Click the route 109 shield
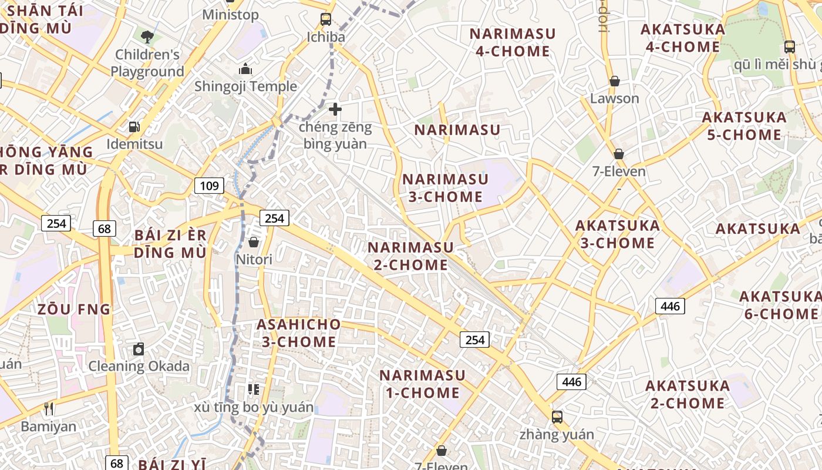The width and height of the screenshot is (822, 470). [209, 186]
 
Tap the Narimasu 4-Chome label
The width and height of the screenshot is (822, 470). [513, 42]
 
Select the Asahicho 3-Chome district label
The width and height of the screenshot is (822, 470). [299, 333]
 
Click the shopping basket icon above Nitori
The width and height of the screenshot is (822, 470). [254, 242]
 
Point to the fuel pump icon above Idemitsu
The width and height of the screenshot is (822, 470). [134, 126]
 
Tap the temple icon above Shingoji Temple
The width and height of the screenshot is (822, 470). [245, 69]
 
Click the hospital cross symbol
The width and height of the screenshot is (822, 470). [335, 109]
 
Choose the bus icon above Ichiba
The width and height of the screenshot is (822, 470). [326, 19]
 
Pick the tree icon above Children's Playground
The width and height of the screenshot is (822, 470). [147, 37]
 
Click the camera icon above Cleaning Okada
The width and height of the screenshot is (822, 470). [139, 349]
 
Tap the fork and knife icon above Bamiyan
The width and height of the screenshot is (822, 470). [49, 408]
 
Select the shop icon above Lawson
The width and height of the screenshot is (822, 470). [615, 80]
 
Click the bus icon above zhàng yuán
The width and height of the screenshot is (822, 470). [557, 417]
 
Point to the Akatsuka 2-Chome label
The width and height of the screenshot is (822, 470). [688, 394]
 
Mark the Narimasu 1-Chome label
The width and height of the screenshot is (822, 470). [422, 384]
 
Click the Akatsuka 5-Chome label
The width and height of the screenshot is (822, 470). [744, 126]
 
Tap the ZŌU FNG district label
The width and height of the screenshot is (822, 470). [74, 309]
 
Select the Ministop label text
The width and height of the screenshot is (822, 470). [230, 15]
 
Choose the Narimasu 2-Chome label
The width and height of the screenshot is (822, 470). [411, 256]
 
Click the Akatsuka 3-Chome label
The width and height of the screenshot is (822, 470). [618, 234]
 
